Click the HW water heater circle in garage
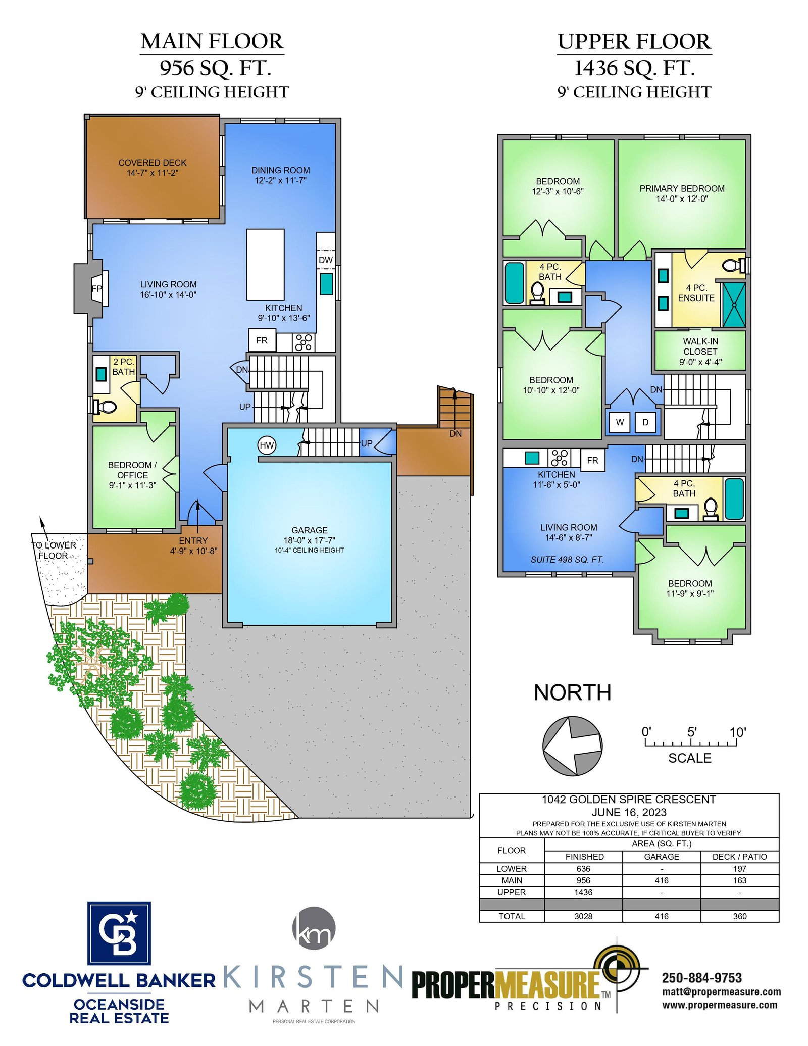point(267,445)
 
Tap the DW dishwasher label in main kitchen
point(326,260)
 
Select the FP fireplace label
point(96,289)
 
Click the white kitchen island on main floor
point(265,264)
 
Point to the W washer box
point(620,422)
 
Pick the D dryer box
point(645,422)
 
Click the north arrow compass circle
point(572,745)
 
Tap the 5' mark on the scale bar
point(692,732)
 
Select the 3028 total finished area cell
point(583,916)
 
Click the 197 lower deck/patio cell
point(740,868)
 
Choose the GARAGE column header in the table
point(662,857)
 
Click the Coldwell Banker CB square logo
point(119,933)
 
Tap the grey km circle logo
point(314,928)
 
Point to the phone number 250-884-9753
point(702,978)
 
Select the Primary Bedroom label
point(682,188)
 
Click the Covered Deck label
point(153,163)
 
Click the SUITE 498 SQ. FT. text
point(567,560)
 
